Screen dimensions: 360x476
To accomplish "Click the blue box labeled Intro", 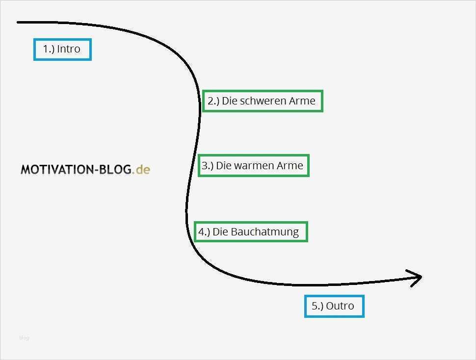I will click(62, 49).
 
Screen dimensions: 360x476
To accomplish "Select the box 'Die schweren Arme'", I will click(263, 101).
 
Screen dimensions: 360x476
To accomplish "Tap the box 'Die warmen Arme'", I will click(253, 166).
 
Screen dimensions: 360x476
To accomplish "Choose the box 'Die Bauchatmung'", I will click(251, 231).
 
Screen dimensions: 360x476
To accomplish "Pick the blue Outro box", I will click(334, 306).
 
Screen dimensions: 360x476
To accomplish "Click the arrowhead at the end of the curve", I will click(418, 278).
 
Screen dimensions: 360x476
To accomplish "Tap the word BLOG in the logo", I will click(114, 170).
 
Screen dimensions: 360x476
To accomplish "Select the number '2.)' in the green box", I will click(213, 101).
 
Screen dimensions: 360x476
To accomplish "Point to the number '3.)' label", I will click(207, 166).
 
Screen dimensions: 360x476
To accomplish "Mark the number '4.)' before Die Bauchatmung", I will click(204, 231).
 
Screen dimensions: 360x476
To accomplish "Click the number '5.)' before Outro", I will click(317, 306).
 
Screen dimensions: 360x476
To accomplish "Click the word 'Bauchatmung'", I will click(264, 231).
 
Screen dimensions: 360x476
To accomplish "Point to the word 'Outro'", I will click(340, 306).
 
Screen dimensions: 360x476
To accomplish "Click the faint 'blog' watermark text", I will click(24, 337).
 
